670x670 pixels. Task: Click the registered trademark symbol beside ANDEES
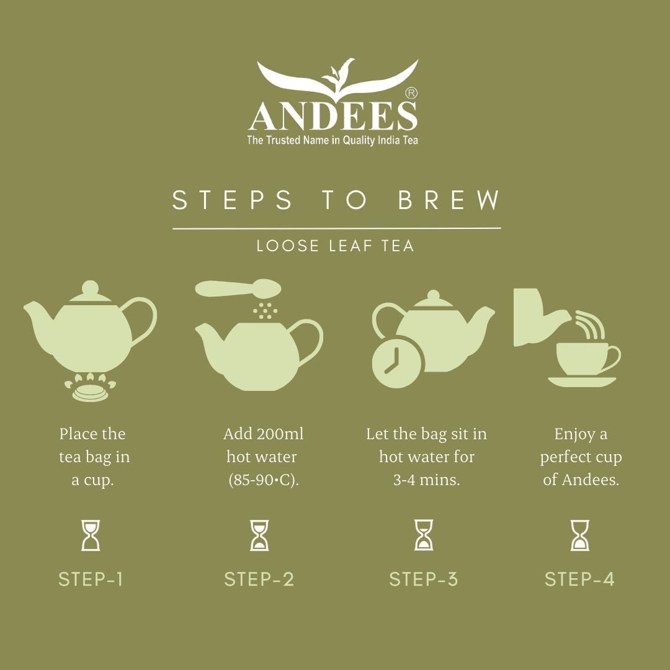[411, 93]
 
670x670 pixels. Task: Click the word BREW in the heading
[449, 200]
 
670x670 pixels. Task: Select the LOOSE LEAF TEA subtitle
[335, 246]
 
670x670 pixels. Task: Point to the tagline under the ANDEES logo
[333, 140]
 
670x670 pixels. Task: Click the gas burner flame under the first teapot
[90, 386]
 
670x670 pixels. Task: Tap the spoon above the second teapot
[238, 288]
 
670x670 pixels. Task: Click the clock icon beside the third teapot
[397, 362]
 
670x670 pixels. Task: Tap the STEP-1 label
[91, 579]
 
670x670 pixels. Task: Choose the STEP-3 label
[424, 579]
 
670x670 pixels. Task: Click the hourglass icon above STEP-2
[259, 535]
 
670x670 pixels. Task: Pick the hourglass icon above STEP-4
[580, 535]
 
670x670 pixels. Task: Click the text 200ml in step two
[280, 434]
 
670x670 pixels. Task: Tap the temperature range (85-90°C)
[264, 480]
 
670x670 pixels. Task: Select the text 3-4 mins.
[426, 480]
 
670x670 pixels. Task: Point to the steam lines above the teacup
[590, 325]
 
